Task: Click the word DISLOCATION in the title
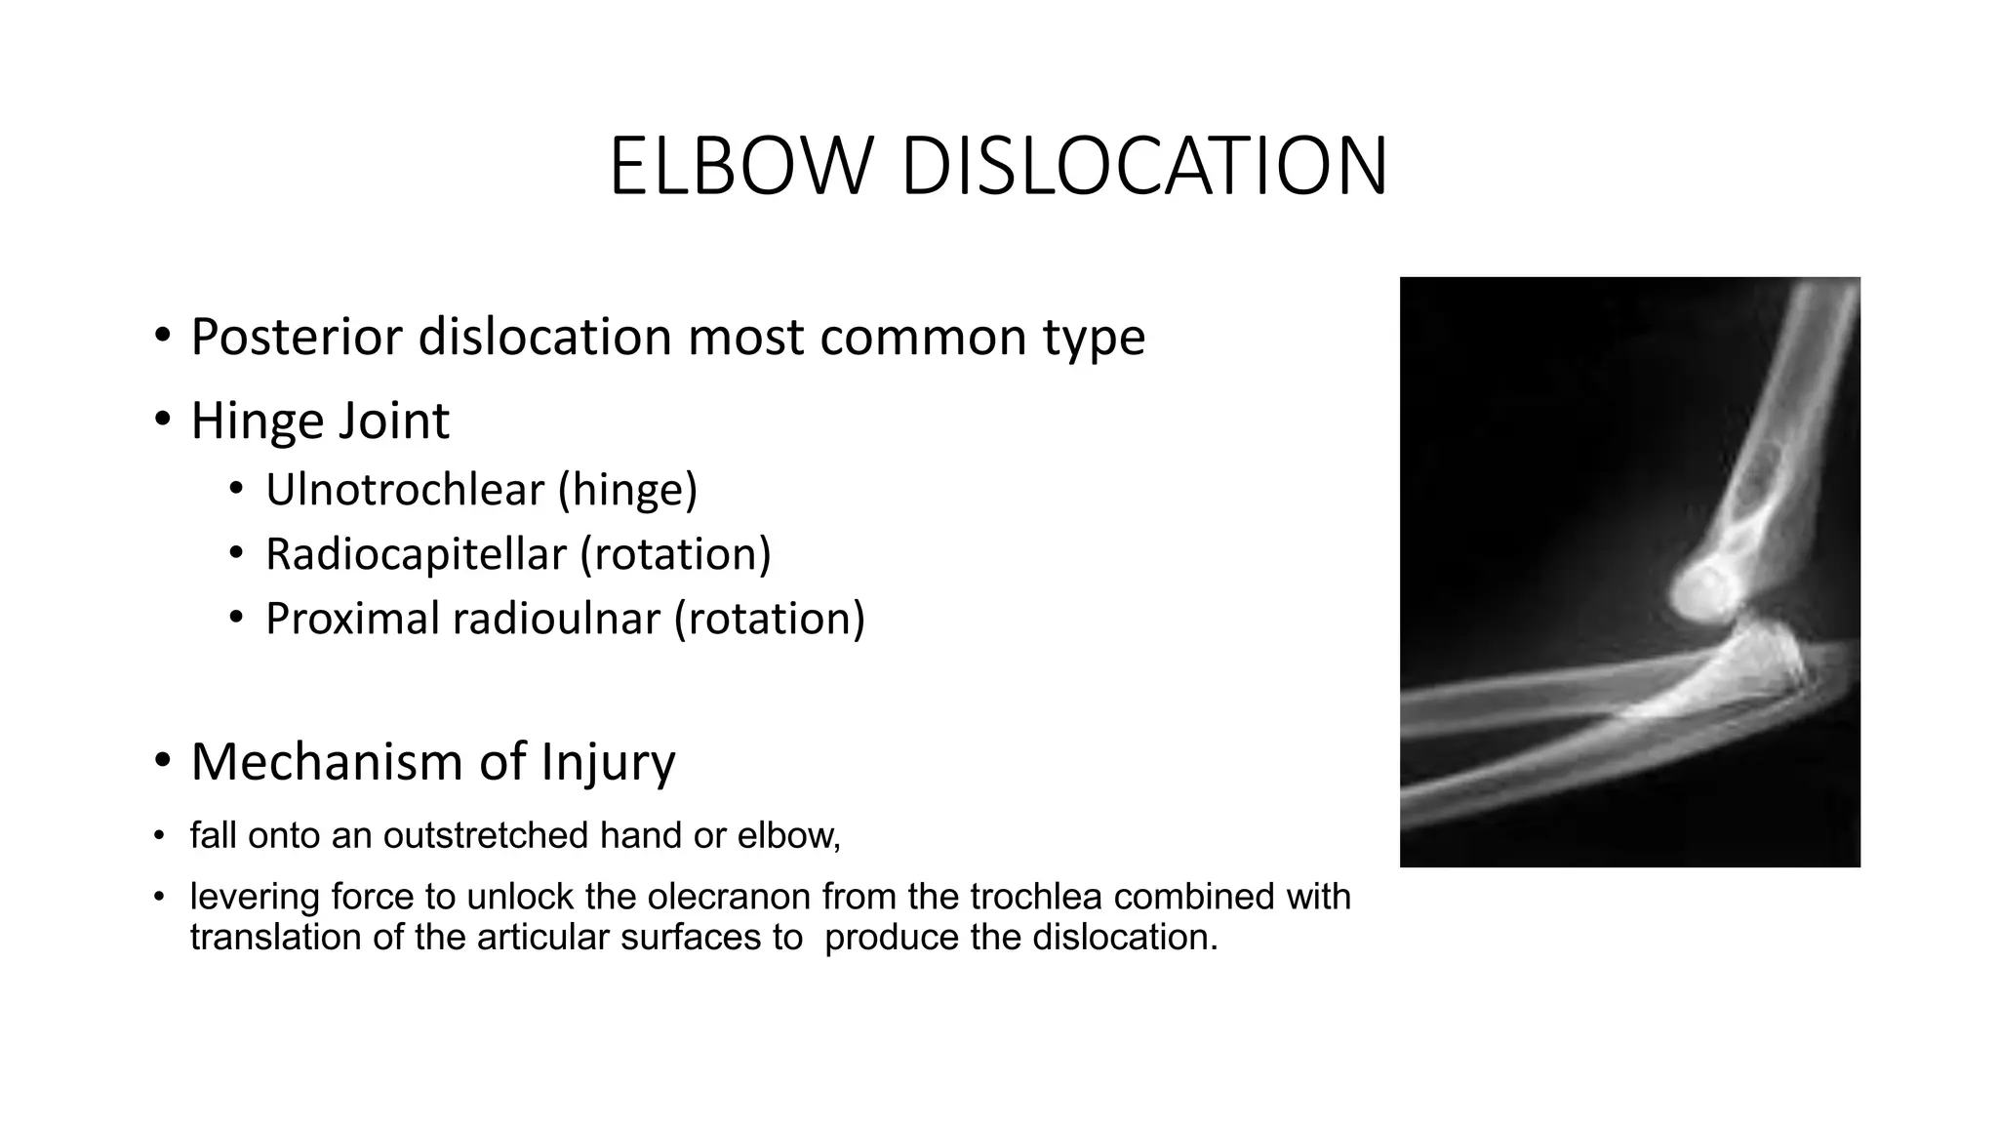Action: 1143,168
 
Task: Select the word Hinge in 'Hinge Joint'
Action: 256,421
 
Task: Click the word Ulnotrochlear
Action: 404,490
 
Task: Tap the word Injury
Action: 608,762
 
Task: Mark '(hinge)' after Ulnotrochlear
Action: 627,490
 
